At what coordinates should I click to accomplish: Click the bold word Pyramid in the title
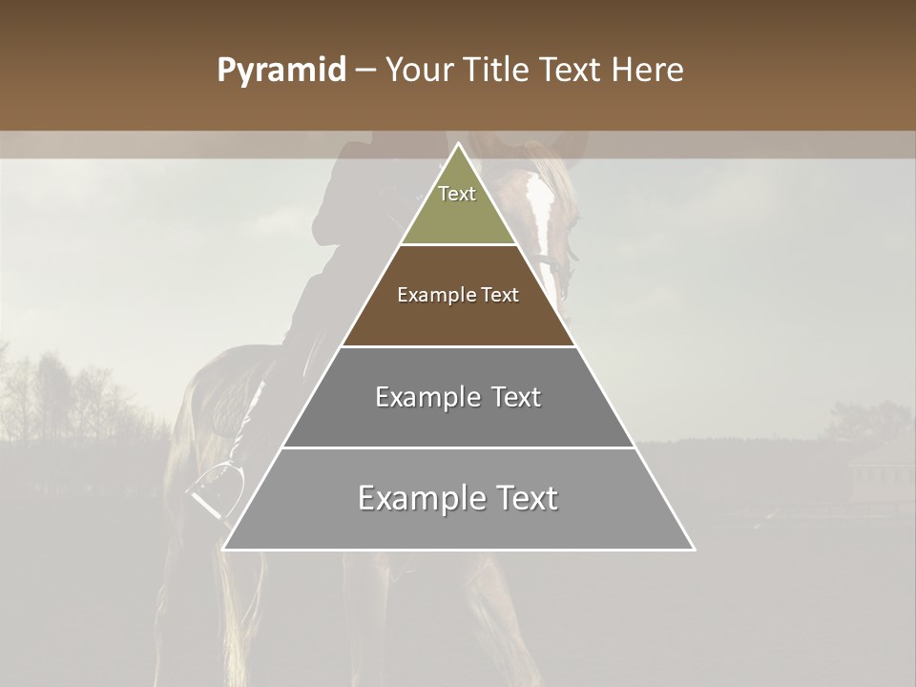281,71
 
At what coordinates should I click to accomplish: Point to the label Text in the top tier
457,194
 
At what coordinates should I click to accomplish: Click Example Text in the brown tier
458,295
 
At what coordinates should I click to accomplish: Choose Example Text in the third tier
458,397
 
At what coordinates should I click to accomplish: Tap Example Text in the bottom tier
458,498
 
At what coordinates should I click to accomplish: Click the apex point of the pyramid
458,145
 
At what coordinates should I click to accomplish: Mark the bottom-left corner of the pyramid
224,549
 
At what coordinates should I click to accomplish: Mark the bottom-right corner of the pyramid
693,549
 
